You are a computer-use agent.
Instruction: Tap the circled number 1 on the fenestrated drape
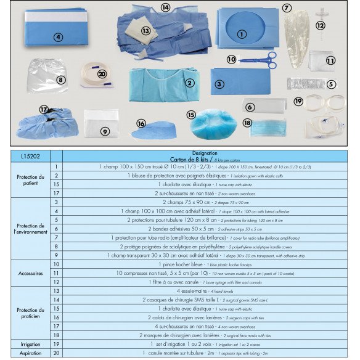pyautogui.click(x=241, y=35)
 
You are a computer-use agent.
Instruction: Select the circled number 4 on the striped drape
pyautogui.click(x=59, y=37)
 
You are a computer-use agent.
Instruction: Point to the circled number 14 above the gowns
pyautogui.click(x=165, y=8)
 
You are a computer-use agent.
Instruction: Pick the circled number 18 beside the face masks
pyautogui.click(x=247, y=123)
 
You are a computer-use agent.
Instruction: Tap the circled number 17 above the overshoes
pyautogui.click(x=44, y=109)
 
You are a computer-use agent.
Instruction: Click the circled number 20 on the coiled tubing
pyautogui.click(x=102, y=74)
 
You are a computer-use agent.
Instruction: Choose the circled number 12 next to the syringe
pyautogui.click(x=320, y=26)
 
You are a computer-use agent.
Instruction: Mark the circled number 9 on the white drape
pyautogui.click(x=105, y=131)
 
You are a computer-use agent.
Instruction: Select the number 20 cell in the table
pyautogui.click(x=56, y=353)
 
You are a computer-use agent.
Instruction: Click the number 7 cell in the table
pyautogui.click(x=56, y=237)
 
